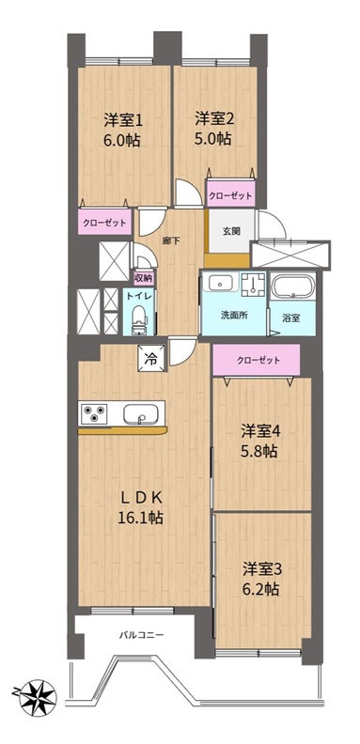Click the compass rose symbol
click(38, 698)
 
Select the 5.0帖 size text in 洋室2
click(212, 138)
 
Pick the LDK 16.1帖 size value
click(141, 517)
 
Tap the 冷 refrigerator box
click(152, 358)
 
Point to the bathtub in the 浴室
click(292, 287)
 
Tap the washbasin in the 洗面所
click(220, 284)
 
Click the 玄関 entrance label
click(231, 231)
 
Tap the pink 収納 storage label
click(144, 278)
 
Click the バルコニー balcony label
click(141, 634)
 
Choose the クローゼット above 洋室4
click(257, 360)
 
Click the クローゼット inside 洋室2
click(230, 194)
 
